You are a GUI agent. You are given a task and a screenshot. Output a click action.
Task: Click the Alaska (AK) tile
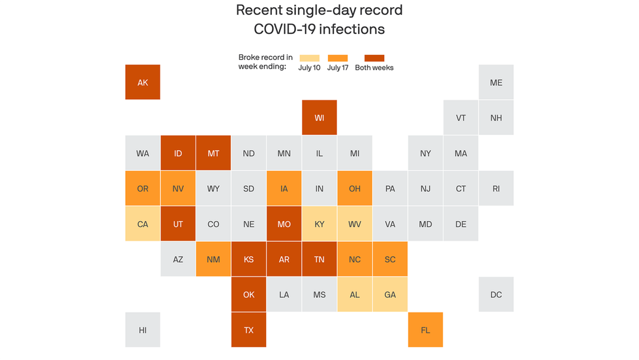(x=143, y=82)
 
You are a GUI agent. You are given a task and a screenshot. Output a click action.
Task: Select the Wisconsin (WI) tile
(x=319, y=117)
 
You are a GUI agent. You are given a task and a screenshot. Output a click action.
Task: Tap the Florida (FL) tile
(x=425, y=330)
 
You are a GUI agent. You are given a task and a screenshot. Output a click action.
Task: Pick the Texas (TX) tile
(x=248, y=330)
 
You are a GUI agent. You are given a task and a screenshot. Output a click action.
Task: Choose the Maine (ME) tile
(x=496, y=82)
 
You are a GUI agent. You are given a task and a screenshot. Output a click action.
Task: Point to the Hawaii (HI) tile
(x=143, y=330)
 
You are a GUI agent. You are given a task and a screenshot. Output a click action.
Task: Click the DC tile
(x=496, y=295)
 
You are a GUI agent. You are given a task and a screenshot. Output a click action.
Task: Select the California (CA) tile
(x=143, y=224)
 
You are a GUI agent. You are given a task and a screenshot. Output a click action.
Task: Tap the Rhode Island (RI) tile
(x=496, y=188)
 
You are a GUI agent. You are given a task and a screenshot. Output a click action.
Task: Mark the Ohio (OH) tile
(x=355, y=188)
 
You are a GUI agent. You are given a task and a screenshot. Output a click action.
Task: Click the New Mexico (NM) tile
(x=213, y=259)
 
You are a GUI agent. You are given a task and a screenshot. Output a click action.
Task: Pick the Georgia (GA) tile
(x=390, y=295)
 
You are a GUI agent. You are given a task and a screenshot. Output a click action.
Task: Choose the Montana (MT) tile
(x=213, y=153)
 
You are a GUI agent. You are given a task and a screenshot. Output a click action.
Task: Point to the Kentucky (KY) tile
(x=319, y=224)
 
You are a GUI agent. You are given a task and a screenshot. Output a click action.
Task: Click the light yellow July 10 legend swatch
(x=309, y=58)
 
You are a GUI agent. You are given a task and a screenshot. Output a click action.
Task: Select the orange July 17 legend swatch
(x=338, y=58)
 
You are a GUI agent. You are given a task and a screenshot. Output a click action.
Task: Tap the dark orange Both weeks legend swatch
(x=374, y=58)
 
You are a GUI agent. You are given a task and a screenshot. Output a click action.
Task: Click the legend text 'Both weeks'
(x=374, y=68)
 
